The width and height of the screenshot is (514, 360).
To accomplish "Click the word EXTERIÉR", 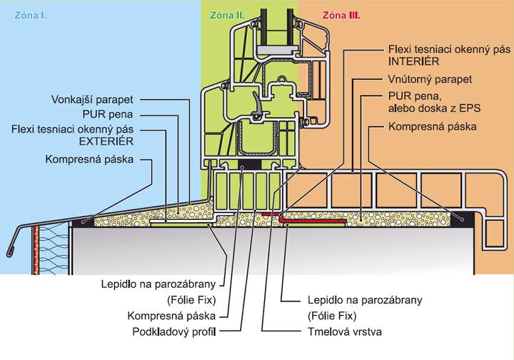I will click(x=116, y=142).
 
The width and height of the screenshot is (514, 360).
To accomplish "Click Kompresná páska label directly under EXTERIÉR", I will click(x=89, y=159).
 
